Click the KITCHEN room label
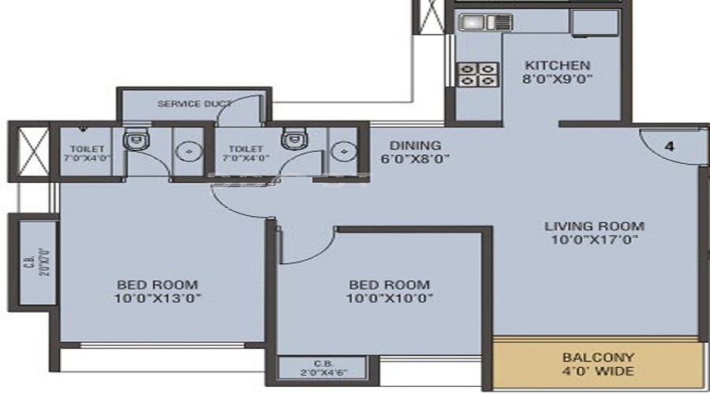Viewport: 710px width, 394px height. coord(557,65)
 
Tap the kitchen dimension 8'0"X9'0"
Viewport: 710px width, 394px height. coord(557,79)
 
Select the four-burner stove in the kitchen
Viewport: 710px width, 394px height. coord(476,74)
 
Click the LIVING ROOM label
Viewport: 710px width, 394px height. coord(594,226)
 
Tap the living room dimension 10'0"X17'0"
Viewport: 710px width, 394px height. coord(594,239)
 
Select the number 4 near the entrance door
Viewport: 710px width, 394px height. coord(670,146)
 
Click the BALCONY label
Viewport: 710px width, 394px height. coord(597,357)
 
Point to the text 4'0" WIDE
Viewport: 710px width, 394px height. coord(597,370)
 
